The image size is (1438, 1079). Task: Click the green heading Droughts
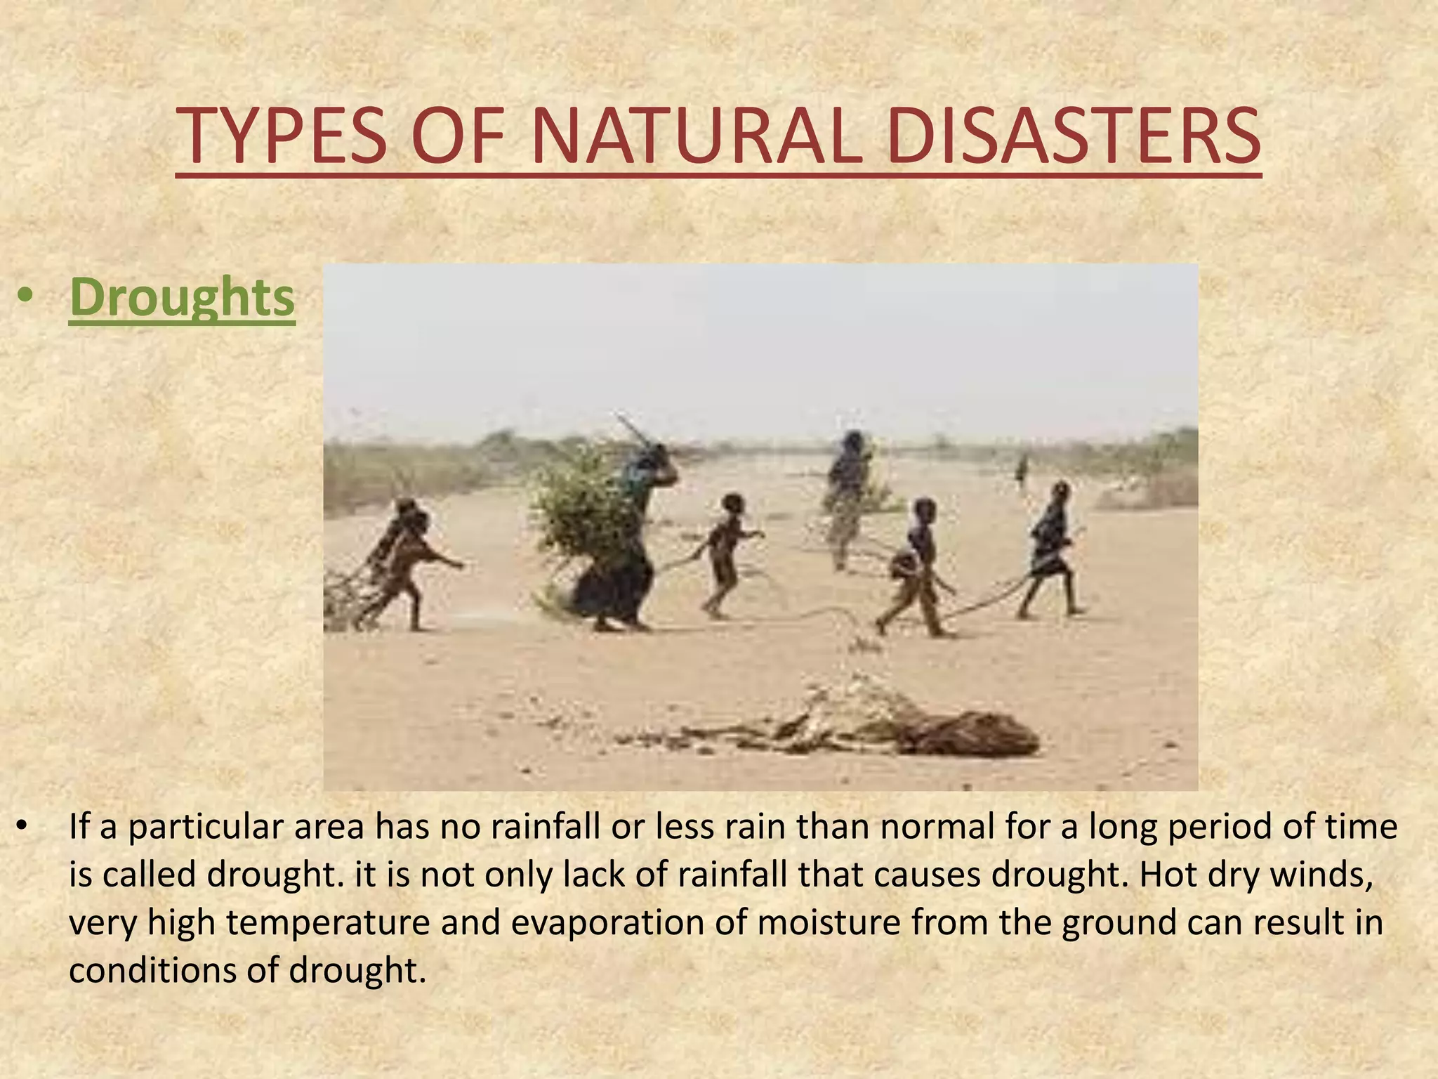coord(182,298)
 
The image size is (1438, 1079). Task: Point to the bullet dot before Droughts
coord(26,298)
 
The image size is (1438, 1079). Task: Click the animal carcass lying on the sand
coord(878,724)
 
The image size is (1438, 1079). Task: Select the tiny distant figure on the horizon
coord(1022,469)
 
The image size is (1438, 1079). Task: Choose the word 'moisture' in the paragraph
coord(829,922)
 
